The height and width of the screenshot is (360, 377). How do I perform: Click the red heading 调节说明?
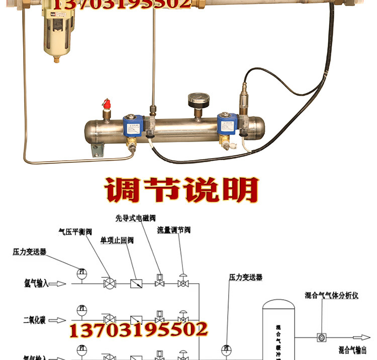coord(182,190)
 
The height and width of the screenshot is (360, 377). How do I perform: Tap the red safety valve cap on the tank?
coord(107,104)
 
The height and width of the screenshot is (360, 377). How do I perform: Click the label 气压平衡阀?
coord(75,231)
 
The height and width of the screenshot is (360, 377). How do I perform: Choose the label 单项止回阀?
coord(117,241)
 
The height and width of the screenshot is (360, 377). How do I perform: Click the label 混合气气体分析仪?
coord(331,296)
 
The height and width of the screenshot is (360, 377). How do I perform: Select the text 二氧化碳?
coord(34,320)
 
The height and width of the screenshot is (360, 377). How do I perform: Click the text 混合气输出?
coord(355,350)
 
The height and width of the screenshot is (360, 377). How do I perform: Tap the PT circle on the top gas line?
coord(81,273)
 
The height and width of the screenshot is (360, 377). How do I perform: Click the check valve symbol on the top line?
coord(136,284)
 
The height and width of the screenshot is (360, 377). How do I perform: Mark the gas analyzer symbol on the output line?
coord(320,338)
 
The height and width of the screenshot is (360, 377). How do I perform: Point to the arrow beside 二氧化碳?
coord(58,320)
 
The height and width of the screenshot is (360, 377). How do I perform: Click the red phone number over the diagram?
coord(138,329)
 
